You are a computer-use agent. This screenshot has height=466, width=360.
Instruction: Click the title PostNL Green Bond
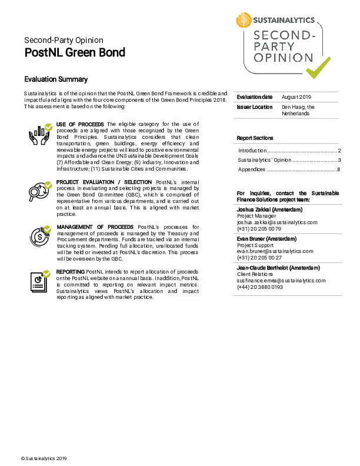tap(75, 52)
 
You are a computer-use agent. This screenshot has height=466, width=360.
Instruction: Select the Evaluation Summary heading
tap(56, 79)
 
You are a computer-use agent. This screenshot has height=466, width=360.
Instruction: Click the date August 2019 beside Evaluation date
tap(297, 97)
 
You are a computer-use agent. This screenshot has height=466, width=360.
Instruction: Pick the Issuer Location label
tap(255, 107)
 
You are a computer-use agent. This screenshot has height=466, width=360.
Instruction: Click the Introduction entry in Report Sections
tap(252, 151)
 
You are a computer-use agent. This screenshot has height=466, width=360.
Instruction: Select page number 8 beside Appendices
tap(339, 169)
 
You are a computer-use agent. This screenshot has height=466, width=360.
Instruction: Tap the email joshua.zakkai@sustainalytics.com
tap(277, 222)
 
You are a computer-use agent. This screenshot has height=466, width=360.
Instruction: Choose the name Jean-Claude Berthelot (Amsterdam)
tap(278, 268)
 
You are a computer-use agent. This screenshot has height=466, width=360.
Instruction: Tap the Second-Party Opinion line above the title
tap(64, 40)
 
